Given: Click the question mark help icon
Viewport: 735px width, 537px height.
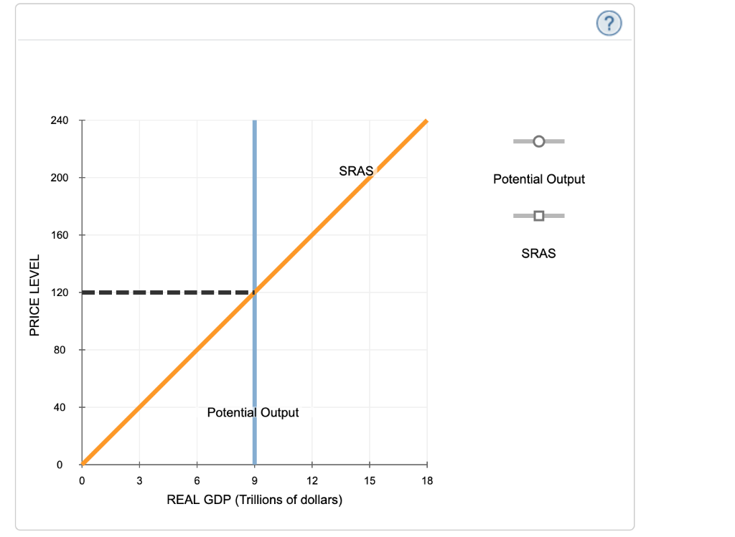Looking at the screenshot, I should (x=609, y=24).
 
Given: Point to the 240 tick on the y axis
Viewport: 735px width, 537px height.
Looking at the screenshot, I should (x=59, y=120).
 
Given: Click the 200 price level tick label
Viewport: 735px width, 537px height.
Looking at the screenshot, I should (x=59, y=178).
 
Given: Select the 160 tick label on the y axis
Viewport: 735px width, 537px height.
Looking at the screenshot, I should (x=59, y=235).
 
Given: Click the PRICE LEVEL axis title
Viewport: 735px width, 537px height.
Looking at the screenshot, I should (x=34, y=293).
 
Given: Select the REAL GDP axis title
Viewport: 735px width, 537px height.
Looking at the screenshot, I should (x=254, y=500).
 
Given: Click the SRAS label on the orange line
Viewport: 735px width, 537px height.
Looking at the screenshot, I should (x=356, y=171).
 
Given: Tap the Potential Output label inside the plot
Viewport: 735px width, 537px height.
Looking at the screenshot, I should (x=253, y=413).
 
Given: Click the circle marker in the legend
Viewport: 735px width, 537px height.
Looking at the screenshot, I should (x=539, y=141).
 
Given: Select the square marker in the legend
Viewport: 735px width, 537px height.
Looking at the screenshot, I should (x=539, y=215).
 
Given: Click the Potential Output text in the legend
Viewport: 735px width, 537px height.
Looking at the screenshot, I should (x=538, y=179).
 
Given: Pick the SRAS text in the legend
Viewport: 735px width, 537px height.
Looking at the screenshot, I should (x=538, y=253).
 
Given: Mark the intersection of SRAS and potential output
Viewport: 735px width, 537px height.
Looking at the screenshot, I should (x=254, y=293).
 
